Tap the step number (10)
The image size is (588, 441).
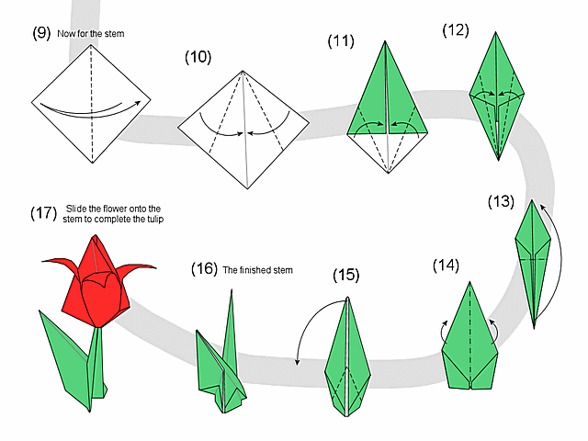198,58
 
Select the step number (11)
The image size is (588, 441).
341,40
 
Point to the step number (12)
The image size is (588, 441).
455,29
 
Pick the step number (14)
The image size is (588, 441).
446,266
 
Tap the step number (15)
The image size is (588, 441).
345,275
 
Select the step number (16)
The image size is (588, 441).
203,269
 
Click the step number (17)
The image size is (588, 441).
43,213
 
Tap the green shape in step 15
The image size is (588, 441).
348,359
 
